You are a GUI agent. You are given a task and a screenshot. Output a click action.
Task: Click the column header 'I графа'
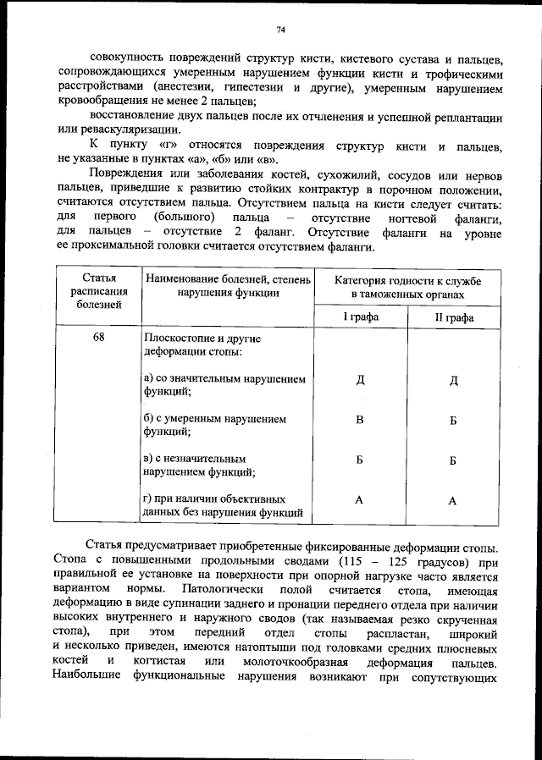[x=360, y=317]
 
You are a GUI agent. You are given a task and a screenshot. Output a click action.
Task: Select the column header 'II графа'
[x=453, y=317]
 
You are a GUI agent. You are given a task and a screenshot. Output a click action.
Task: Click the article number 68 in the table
[x=99, y=337]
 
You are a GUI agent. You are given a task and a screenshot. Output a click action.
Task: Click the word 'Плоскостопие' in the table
[x=180, y=338]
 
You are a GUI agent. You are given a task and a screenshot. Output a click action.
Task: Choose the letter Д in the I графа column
[x=360, y=378]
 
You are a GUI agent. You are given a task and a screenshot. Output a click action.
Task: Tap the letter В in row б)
[x=360, y=420]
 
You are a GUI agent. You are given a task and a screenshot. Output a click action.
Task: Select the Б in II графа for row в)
[x=453, y=460]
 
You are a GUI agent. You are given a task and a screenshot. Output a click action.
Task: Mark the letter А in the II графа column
[x=452, y=501]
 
